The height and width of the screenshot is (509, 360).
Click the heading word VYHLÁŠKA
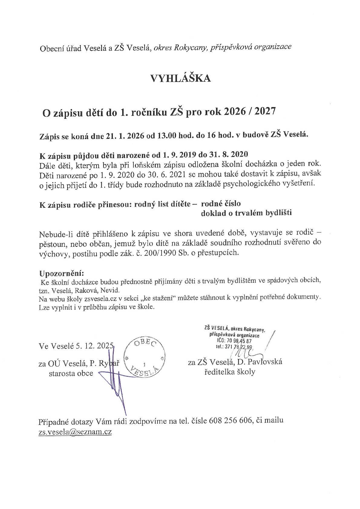click(180, 78)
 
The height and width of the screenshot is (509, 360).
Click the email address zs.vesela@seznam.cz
click(75, 432)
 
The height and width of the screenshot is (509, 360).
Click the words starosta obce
click(71, 373)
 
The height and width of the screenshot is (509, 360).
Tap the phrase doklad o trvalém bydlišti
click(246, 213)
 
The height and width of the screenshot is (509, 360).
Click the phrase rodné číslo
click(221, 203)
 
